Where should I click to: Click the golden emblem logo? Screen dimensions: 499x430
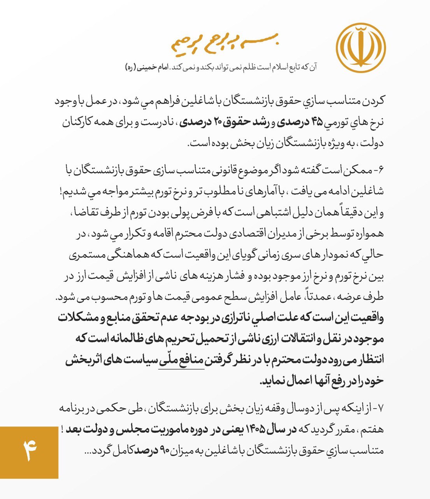click(360, 48)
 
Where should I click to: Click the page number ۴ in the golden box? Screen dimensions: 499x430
click(29, 451)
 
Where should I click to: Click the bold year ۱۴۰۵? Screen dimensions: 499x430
click(259, 429)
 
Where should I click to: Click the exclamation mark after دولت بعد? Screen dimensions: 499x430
click(62, 429)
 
